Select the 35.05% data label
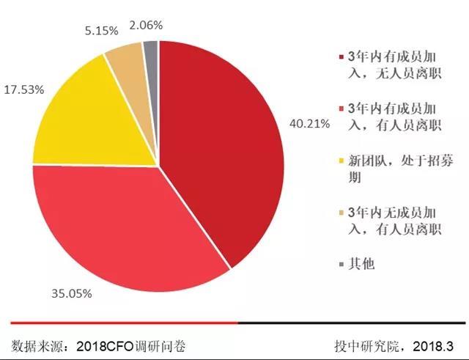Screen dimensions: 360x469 point(71,294)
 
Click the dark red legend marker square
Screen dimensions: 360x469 point(340,57)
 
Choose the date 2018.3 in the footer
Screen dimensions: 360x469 point(434,345)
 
